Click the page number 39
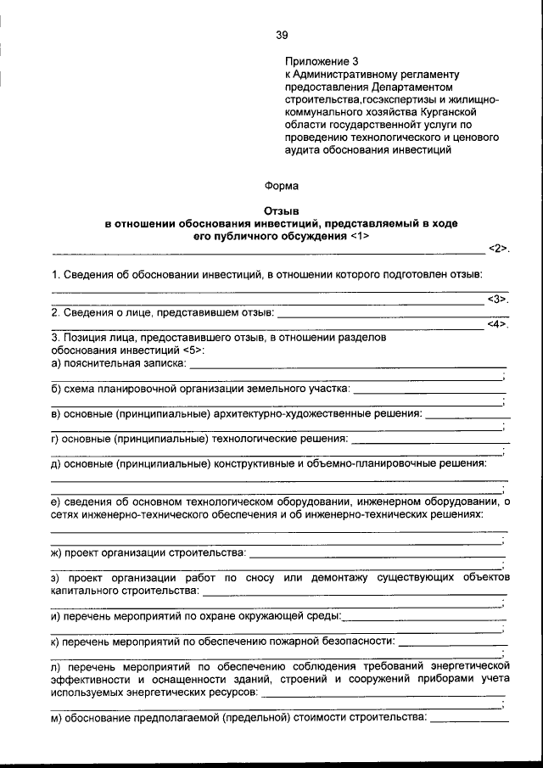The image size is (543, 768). pyautogui.click(x=282, y=35)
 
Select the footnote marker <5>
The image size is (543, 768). pyautogui.click(x=193, y=350)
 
